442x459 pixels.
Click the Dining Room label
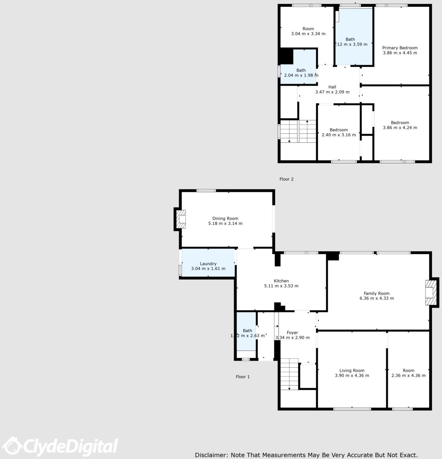(225, 219)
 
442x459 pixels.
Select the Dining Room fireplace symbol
(181, 219)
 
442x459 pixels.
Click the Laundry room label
(208, 264)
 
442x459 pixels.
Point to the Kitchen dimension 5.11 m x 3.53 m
(281, 286)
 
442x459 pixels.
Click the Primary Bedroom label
(400, 48)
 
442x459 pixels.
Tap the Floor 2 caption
(286, 179)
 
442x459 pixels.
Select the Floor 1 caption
(243, 377)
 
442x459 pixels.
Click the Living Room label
(352, 371)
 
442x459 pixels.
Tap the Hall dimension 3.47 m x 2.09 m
(332, 92)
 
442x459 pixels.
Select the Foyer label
(292, 333)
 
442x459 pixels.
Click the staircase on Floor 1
(289, 374)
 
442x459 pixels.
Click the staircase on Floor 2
(298, 131)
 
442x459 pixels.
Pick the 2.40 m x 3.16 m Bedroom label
(339, 130)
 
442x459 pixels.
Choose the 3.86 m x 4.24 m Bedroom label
(400, 123)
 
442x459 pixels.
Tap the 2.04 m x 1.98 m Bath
(301, 73)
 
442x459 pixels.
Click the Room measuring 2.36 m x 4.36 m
(408, 373)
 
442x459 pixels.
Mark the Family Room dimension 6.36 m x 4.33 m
(376, 298)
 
